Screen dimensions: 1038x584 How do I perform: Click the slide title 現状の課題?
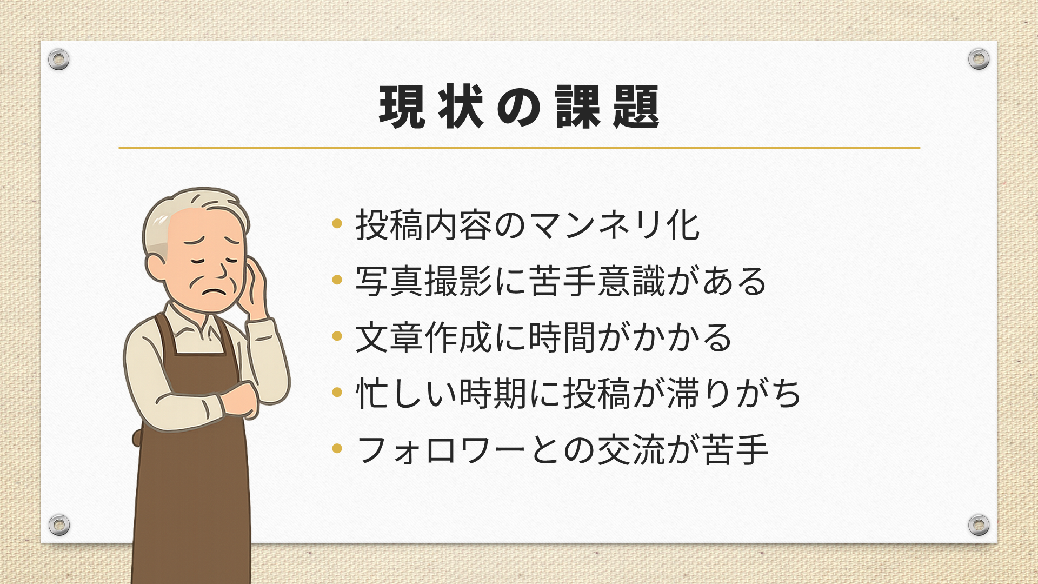(x=519, y=107)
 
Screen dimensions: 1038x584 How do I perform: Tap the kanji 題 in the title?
(x=636, y=107)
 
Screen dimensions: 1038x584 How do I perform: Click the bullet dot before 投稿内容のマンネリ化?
(x=337, y=224)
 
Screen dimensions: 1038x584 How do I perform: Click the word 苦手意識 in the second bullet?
(x=597, y=281)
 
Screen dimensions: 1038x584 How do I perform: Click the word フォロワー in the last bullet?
(x=441, y=450)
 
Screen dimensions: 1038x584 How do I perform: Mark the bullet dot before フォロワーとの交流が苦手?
(x=337, y=449)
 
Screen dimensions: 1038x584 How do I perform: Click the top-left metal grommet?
(x=58, y=59)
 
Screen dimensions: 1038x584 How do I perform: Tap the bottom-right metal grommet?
(x=979, y=525)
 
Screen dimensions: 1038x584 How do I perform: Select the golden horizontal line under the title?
(x=519, y=148)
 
